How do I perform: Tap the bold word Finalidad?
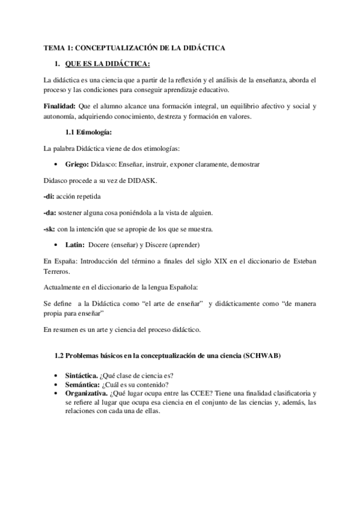coord(59,106)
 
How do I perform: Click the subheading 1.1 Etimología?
coord(88,132)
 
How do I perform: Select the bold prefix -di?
coord(50,197)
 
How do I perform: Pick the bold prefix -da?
coord(51,213)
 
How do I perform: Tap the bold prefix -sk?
coord(50,229)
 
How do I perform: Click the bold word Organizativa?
coord(86,394)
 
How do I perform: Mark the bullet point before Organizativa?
coord(55,394)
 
